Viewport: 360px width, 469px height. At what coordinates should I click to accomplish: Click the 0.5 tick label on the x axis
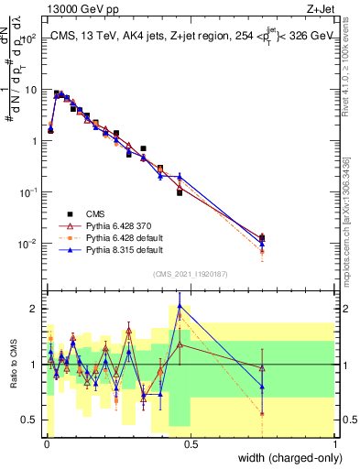click(x=191, y=443)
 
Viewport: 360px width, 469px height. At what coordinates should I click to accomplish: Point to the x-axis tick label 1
click(x=336, y=443)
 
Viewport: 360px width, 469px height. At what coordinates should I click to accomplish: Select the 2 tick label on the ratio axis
click(x=36, y=309)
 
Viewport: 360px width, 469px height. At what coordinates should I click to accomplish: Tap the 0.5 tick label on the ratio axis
click(x=32, y=420)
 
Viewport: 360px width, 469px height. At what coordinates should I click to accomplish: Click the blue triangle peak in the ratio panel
click(x=180, y=306)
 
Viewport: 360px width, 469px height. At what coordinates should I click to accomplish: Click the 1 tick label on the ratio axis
click(x=36, y=365)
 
